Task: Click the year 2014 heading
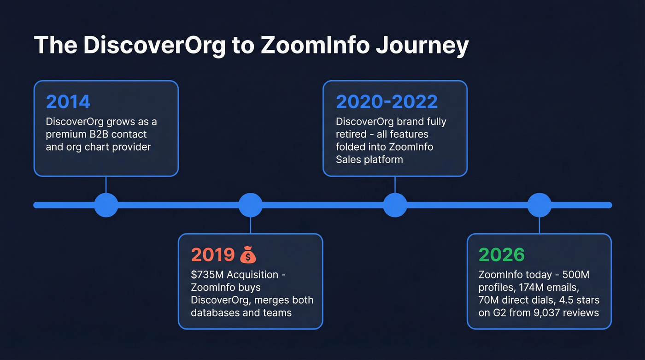click(x=68, y=102)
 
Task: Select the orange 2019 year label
click(x=213, y=255)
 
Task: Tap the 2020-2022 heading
click(x=387, y=102)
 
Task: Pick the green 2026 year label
click(x=502, y=255)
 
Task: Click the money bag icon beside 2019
click(x=248, y=254)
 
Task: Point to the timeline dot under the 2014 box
click(x=106, y=205)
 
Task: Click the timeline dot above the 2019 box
click(x=250, y=205)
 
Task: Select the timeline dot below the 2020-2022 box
click(x=395, y=205)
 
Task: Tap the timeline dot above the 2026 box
click(x=539, y=205)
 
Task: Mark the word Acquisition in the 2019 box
click(x=252, y=275)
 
